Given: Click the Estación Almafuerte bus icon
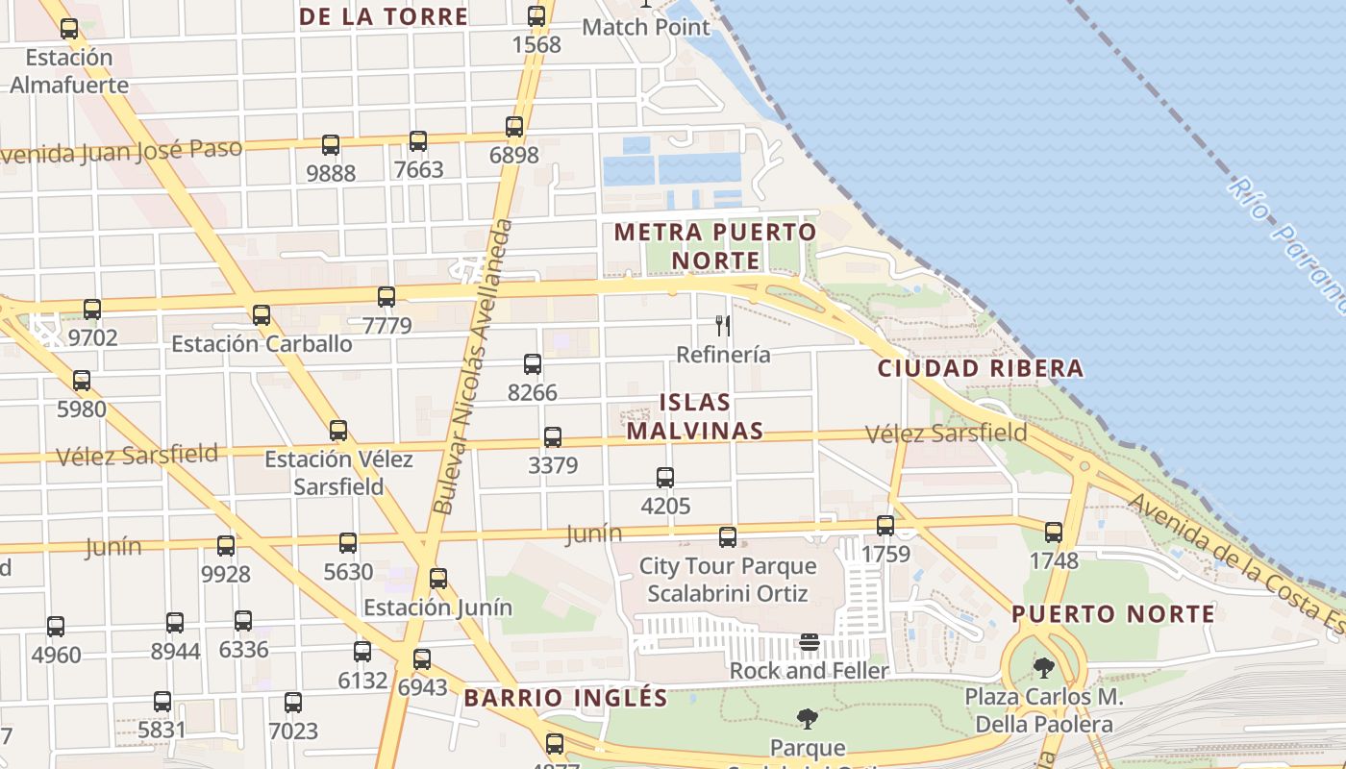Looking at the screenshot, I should pyautogui.click(x=69, y=29).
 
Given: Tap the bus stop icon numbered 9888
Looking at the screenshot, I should pyautogui.click(x=331, y=145).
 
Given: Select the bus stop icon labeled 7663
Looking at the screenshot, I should pyautogui.click(x=418, y=141).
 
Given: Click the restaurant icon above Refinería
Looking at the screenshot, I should pyautogui.click(x=723, y=326).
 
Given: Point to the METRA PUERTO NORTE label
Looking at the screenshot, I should pyautogui.click(x=715, y=246).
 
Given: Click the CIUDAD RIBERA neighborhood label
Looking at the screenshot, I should pyautogui.click(x=981, y=368).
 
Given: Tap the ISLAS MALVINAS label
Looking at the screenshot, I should pyautogui.click(x=695, y=416).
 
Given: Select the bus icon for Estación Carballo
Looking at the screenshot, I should pyautogui.click(x=262, y=315).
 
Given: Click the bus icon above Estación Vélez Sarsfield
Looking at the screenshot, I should pyautogui.click(x=338, y=430).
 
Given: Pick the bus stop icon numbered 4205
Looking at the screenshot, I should pyautogui.click(x=665, y=477).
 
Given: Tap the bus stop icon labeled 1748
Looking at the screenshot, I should pyautogui.click(x=1054, y=532).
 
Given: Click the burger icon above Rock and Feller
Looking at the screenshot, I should pyautogui.click(x=810, y=642).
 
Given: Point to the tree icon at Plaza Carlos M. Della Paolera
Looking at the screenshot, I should pyautogui.click(x=1043, y=667).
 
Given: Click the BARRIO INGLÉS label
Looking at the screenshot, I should pyautogui.click(x=565, y=698).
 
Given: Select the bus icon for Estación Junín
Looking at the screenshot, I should pyautogui.click(x=438, y=579).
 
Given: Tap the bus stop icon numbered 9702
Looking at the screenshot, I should pyautogui.click(x=92, y=310).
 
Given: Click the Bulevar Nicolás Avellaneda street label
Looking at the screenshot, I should pyautogui.click(x=471, y=366).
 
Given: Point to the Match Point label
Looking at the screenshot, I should pyautogui.click(x=646, y=26).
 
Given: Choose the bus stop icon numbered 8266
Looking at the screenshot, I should pyautogui.click(x=533, y=364).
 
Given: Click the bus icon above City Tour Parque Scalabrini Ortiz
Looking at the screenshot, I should pyautogui.click(x=728, y=537).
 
